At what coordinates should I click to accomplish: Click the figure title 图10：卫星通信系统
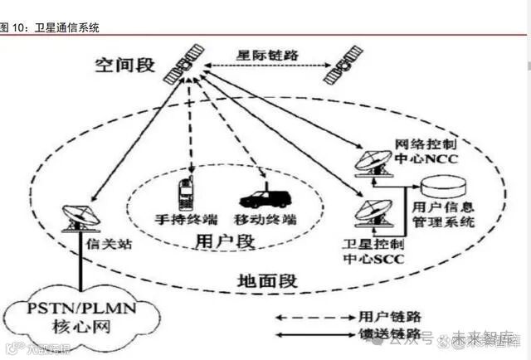pos(50,27)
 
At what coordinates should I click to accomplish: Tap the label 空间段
pos(124,65)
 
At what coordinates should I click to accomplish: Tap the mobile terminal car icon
pos(265,199)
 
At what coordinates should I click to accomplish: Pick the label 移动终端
pos(266,221)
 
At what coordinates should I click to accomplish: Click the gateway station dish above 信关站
pos(80,216)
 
